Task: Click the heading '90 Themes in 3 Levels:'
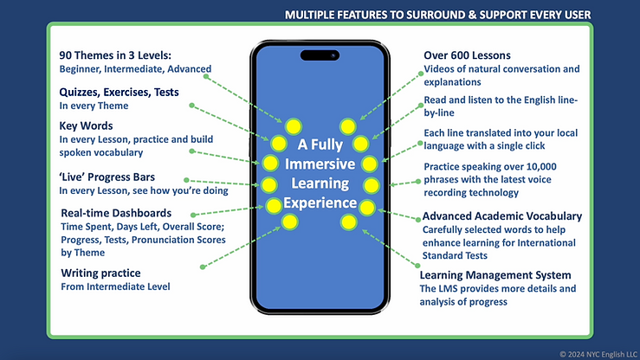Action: [115, 55]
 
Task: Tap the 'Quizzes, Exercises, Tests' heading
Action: [119, 93]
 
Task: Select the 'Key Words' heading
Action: [86, 126]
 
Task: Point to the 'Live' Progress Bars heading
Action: [107, 177]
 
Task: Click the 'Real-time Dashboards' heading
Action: [116, 213]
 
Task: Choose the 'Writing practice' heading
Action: [100, 273]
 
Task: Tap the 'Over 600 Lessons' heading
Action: [467, 55]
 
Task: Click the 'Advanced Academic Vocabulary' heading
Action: [502, 216]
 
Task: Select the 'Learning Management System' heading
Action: [495, 275]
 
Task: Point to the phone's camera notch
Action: [320, 55]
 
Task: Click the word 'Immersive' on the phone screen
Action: [320, 164]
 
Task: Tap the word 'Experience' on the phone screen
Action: [320, 203]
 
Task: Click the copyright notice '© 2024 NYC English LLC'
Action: [598, 354]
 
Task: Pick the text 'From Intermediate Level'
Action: [115, 286]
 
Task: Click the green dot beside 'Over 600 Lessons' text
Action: [421, 74]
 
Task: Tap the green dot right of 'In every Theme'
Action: [191, 106]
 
